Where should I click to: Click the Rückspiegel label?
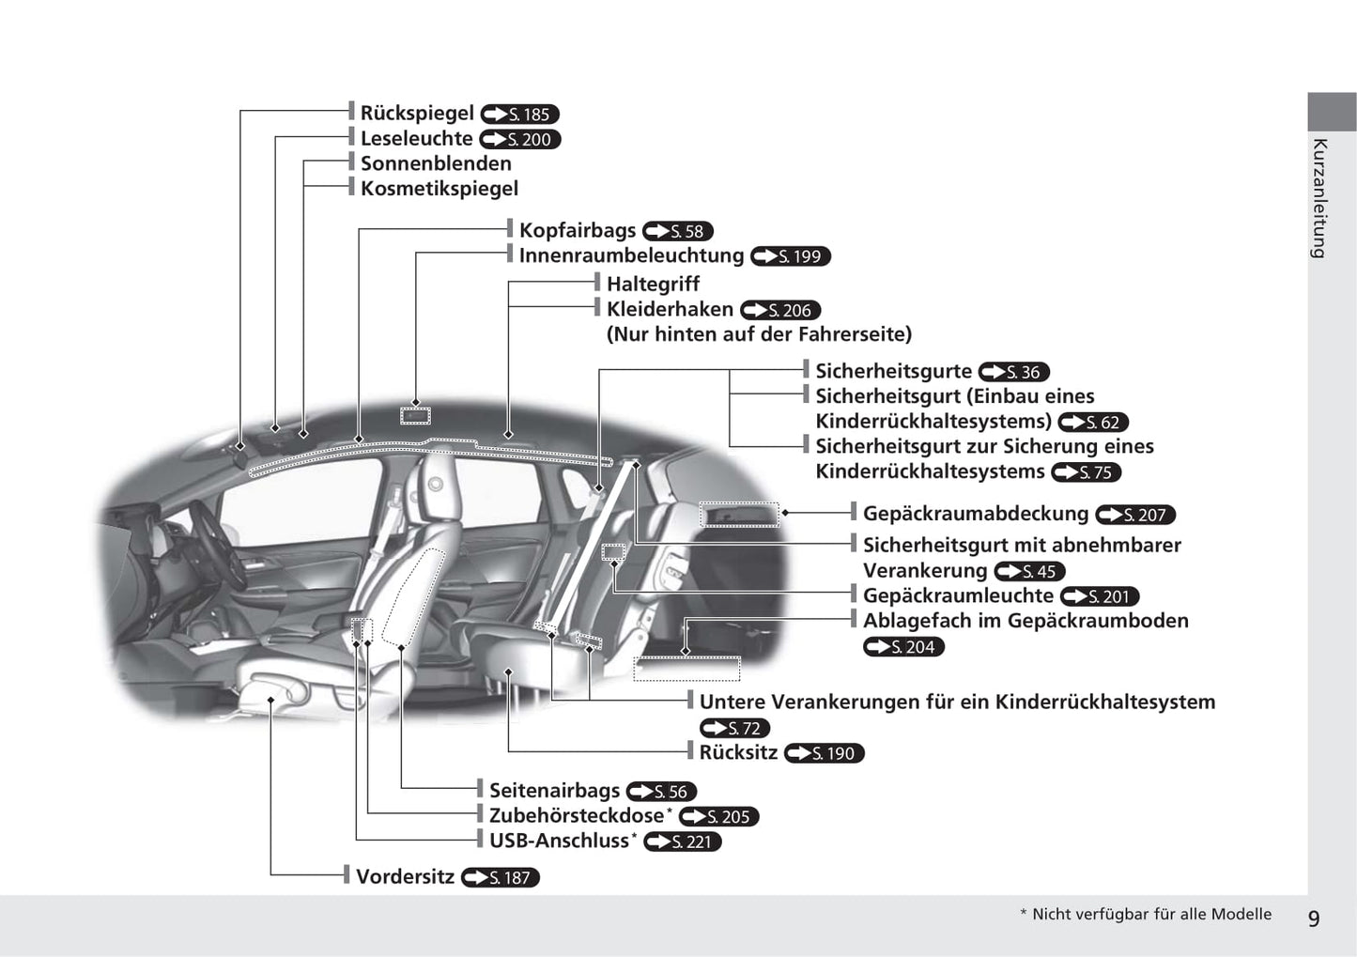pyautogui.click(x=417, y=114)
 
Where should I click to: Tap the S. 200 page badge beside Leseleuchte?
pyautogui.click(x=519, y=139)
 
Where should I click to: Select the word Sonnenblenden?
pyautogui.click(x=436, y=163)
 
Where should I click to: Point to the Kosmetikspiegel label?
pyautogui.click(x=439, y=189)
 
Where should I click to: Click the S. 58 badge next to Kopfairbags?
pyautogui.click(x=677, y=231)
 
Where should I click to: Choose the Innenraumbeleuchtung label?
pyautogui.click(x=631, y=255)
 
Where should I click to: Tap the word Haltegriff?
pyautogui.click(x=653, y=284)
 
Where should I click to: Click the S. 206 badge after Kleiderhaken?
pyautogui.click(x=780, y=310)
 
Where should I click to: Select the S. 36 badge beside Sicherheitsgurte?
pyautogui.click(x=1013, y=372)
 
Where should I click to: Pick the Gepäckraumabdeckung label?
pyautogui.click(x=976, y=514)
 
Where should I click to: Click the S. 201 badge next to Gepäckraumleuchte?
pyautogui.click(x=1100, y=596)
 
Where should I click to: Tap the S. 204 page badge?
pyautogui.click(x=903, y=647)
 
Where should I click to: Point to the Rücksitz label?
pyautogui.click(x=738, y=753)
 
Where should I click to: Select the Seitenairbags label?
pyautogui.click(x=554, y=791)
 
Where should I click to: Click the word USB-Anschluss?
pyautogui.click(x=559, y=841)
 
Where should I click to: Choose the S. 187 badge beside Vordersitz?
pyautogui.click(x=500, y=878)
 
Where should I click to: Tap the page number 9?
pyautogui.click(x=1314, y=918)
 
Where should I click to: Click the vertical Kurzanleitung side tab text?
pyautogui.click(x=1318, y=199)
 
